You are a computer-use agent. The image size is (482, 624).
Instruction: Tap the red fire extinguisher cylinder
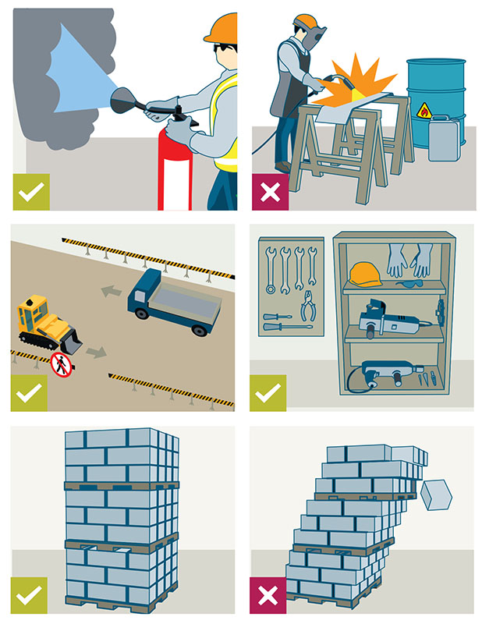(174, 172)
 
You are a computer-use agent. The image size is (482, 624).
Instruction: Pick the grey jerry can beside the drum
(442, 139)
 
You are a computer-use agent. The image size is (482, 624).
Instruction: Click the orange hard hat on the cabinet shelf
(363, 273)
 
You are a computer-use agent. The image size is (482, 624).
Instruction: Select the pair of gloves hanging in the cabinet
(409, 261)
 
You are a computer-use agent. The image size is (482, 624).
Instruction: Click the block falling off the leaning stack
(436, 494)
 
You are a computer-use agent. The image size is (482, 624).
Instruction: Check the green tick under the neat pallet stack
(29, 595)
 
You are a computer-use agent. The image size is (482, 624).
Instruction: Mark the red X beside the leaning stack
(268, 596)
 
